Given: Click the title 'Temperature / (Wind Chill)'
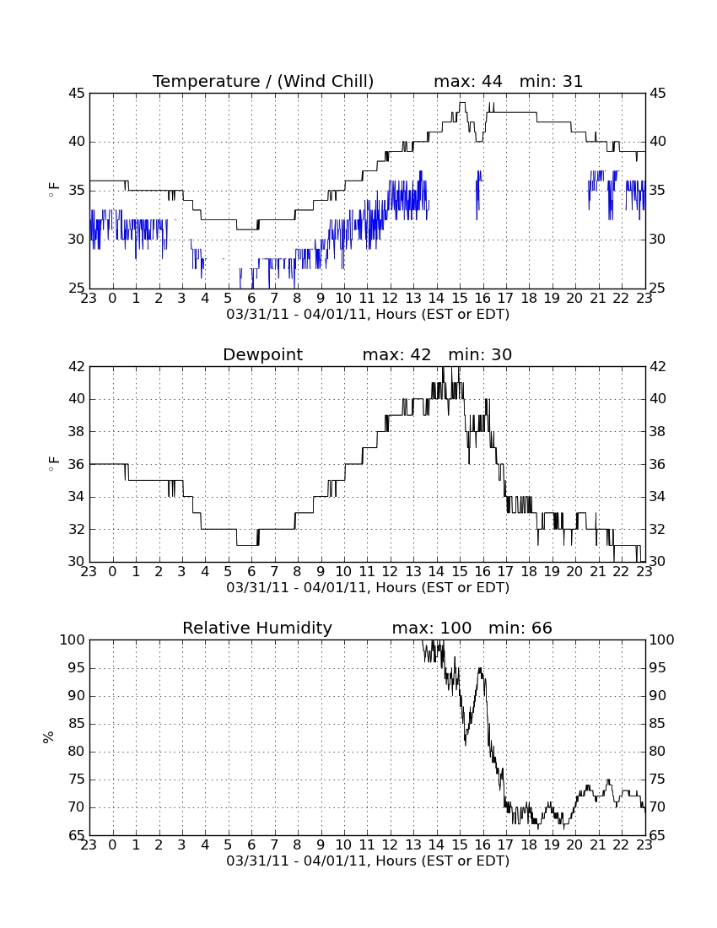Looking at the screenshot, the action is pyautogui.click(x=263, y=81).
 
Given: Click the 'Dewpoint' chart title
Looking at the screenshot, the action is pyautogui.click(x=262, y=354).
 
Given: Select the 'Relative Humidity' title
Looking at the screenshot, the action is pyautogui.click(x=257, y=628).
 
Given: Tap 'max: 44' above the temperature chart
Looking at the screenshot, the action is pyautogui.click(x=468, y=81).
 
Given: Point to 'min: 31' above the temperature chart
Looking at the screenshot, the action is pyautogui.click(x=552, y=81).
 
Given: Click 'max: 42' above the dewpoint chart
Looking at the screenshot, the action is pyautogui.click(x=397, y=354).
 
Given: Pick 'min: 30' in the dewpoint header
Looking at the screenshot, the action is pyautogui.click(x=480, y=354).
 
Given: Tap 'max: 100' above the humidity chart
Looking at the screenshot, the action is pyautogui.click(x=432, y=628).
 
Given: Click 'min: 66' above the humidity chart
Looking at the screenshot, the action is pyautogui.click(x=520, y=628).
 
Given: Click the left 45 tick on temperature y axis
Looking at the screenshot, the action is pyautogui.click(x=78, y=94).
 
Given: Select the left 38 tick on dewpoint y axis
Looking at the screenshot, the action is pyautogui.click(x=78, y=431).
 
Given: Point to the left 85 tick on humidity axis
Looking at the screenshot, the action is pyautogui.click(x=78, y=724).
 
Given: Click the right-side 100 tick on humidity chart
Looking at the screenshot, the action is pyautogui.click(x=662, y=639).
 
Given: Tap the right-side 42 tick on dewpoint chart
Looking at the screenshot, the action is pyautogui.click(x=658, y=367).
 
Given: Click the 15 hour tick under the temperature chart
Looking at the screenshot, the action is pyautogui.click(x=460, y=299).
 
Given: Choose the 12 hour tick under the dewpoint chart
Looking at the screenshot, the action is pyautogui.click(x=390, y=572).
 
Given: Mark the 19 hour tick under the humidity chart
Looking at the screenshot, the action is pyautogui.click(x=552, y=845).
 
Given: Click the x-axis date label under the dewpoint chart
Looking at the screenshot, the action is pyautogui.click(x=368, y=588).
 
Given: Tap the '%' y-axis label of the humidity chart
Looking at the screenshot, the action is pyautogui.click(x=49, y=737).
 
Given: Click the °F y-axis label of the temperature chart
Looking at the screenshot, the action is pyautogui.click(x=53, y=191).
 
